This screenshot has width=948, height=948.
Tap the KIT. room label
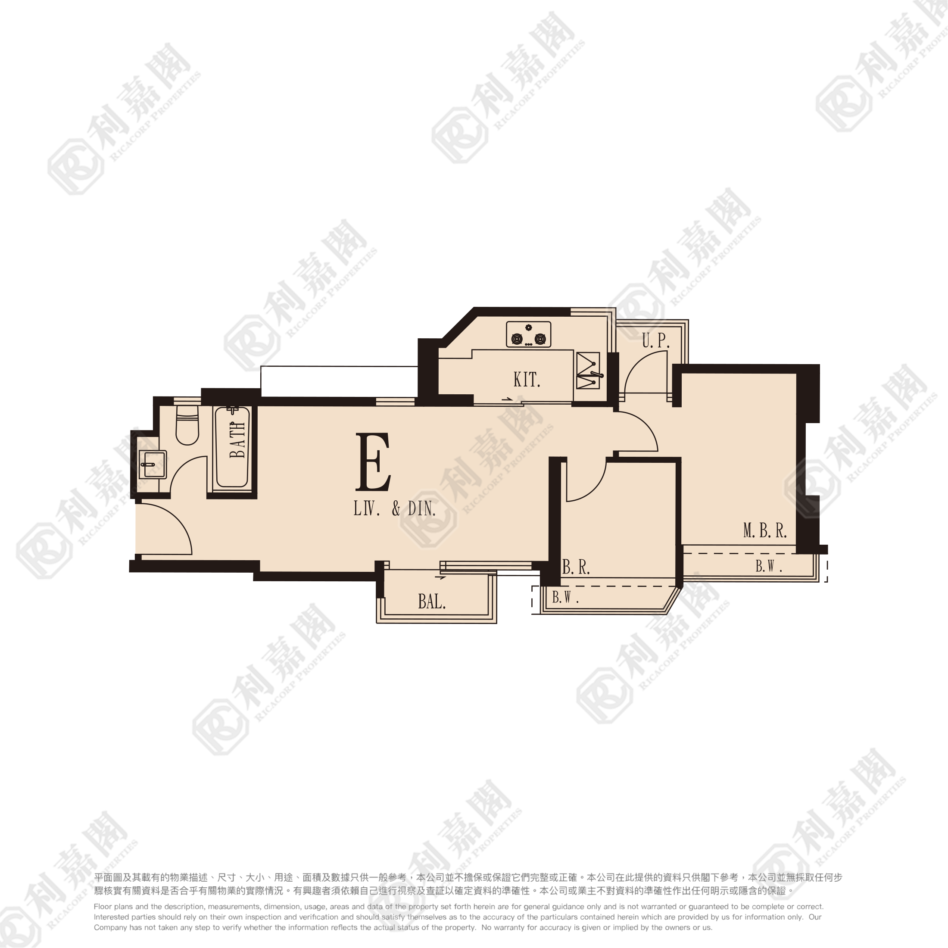point(527,379)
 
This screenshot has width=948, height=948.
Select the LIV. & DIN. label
point(395,508)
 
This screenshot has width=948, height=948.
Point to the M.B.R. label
point(765,530)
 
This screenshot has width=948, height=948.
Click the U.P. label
point(655,340)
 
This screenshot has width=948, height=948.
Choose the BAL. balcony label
point(432,601)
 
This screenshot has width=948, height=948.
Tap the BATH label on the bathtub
point(237,440)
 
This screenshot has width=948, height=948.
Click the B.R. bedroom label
point(576,567)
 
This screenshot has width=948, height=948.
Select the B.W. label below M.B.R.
point(768,566)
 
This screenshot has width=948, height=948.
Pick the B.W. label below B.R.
point(565,597)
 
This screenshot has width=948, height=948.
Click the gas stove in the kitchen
point(528,334)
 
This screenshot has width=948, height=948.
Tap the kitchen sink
point(587,371)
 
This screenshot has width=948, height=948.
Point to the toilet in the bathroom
point(187,425)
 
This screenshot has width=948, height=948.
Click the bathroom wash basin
point(153,464)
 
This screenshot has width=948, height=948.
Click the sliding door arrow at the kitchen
point(507,399)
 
